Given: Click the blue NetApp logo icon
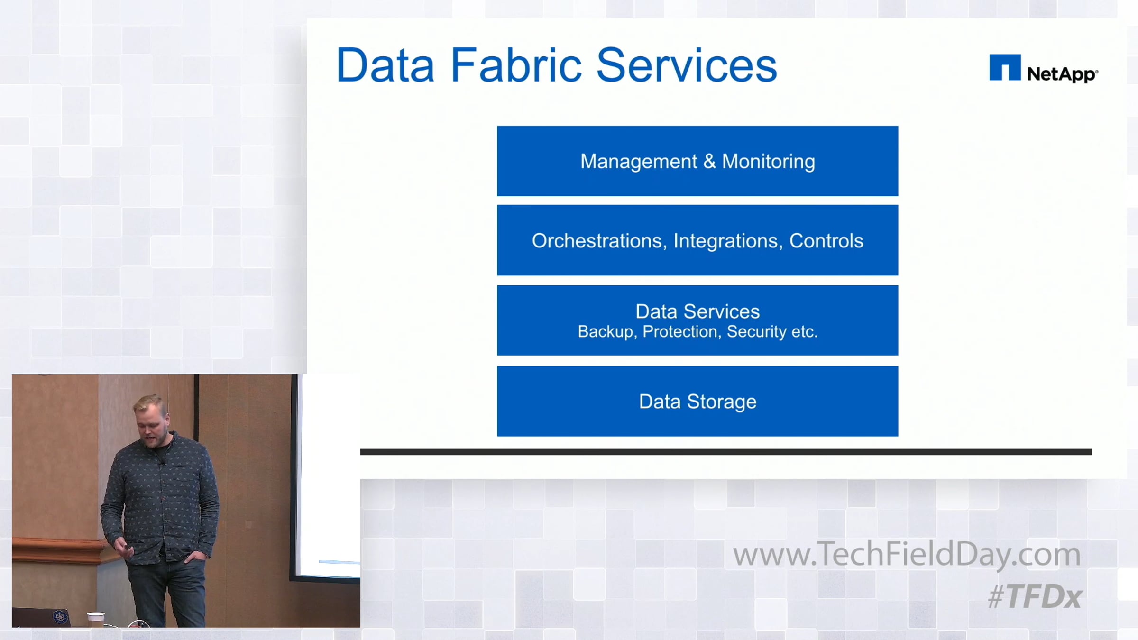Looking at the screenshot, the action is pos(1005,67).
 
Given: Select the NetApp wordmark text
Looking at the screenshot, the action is pos(1063,74).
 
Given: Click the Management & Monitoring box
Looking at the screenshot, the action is pos(697,161).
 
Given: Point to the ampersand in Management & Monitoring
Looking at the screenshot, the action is pos(709,161).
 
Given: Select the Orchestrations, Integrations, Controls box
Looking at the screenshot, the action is pos(697,240).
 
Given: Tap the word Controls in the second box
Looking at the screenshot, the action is pos(826,241).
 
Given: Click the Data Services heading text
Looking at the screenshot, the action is pos(697,311).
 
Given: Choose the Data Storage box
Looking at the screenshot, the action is pos(697,401).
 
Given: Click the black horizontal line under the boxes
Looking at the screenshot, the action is pos(726,452).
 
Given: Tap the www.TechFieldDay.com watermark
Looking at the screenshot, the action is pos(907,554).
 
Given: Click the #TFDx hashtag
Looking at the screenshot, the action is pos(1035,596).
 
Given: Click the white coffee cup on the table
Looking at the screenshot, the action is pos(96,619).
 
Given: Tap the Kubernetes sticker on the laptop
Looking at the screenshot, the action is pos(60,617).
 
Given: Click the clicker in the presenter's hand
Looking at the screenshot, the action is pos(127,550).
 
